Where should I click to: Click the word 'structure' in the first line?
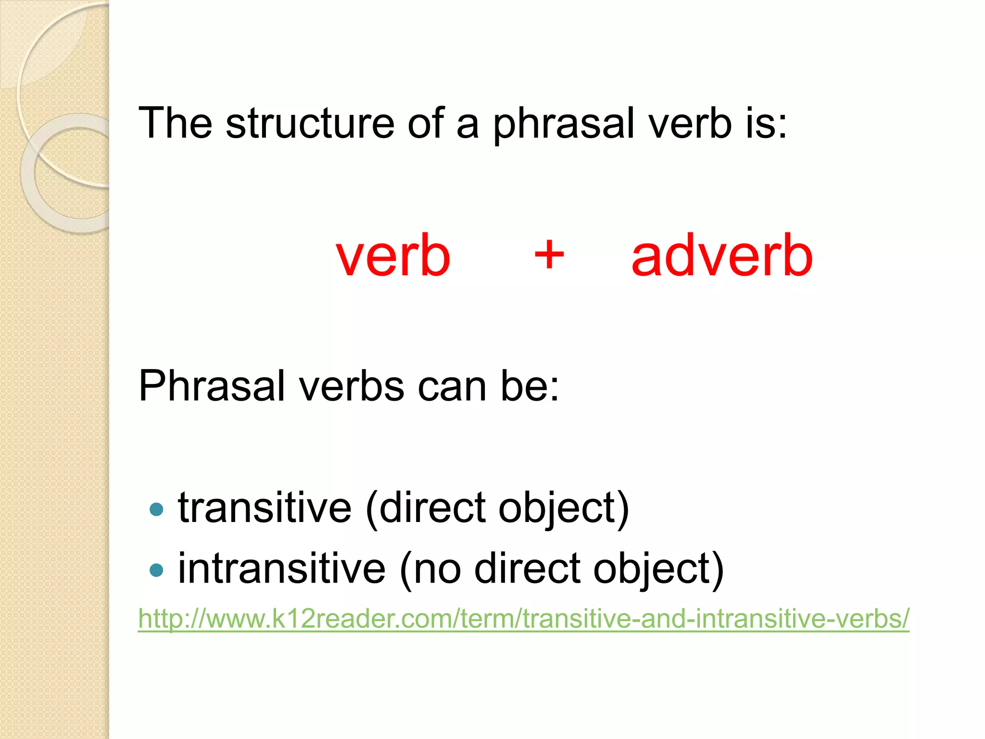point(310,123)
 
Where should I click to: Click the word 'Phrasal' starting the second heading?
point(212,386)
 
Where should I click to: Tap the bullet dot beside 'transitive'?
point(156,509)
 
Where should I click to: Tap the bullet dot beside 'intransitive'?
point(156,570)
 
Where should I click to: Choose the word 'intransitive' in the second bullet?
point(282,569)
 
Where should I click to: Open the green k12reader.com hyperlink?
point(523,618)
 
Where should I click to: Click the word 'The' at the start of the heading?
point(175,123)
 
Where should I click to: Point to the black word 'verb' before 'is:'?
point(690,123)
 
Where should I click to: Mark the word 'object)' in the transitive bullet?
point(564,509)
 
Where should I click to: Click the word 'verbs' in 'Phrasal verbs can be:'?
point(352,387)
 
